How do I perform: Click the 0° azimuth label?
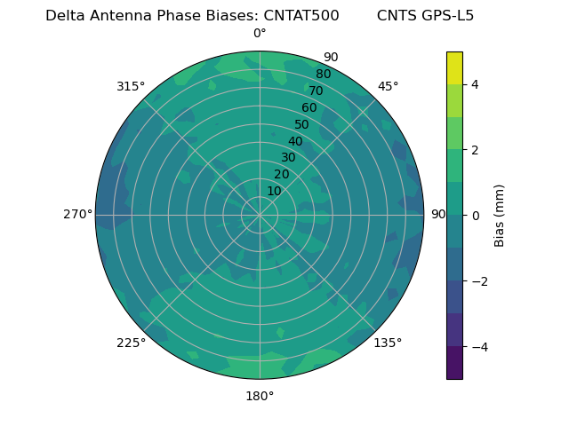260,34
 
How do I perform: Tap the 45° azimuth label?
389,86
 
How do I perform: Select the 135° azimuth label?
388,343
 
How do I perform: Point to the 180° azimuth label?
260,396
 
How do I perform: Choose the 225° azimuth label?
131,343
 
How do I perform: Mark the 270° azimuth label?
77,214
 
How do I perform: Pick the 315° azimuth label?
131,86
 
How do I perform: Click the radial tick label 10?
274,191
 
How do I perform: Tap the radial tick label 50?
302,124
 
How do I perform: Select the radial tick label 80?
323,75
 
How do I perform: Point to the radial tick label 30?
288,158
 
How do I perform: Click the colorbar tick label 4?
475,84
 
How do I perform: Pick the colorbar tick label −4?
478,346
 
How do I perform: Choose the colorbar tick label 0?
475,215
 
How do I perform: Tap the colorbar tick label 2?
475,150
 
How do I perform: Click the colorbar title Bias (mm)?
500,215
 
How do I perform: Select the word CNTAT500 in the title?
301,16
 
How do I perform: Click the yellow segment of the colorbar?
454,67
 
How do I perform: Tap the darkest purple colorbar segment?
454,362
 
